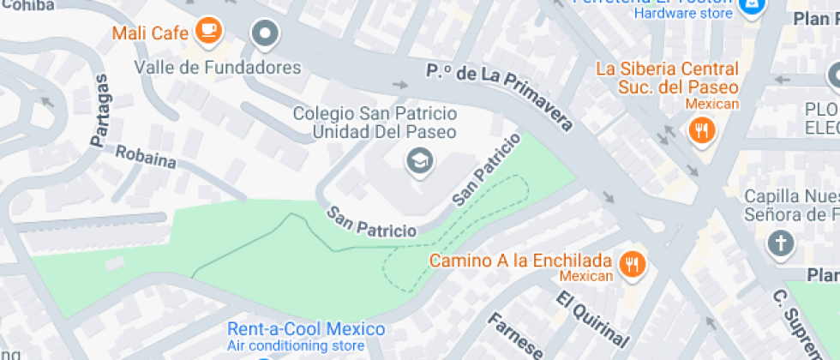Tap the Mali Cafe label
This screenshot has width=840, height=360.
(152, 33)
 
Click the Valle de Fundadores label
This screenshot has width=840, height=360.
(218, 68)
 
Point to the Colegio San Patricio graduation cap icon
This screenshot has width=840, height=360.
(418, 160)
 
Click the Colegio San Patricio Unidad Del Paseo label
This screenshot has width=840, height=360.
(375, 123)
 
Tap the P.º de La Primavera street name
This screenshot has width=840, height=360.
(500, 94)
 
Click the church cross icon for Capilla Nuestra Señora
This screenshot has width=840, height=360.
(780, 243)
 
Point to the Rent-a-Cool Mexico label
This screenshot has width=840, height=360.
(306, 329)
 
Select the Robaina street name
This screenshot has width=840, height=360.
(146, 158)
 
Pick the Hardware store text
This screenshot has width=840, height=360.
(683, 14)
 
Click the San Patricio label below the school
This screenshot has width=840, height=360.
(370, 222)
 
